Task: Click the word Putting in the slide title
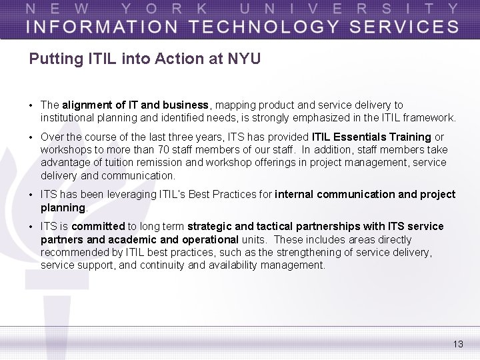pyautogui.click(x=55, y=59)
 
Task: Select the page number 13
pyautogui.click(x=457, y=344)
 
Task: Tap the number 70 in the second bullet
pyautogui.click(x=165, y=150)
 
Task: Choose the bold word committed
pyautogui.click(x=98, y=227)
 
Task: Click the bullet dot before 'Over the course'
pyautogui.click(x=31, y=137)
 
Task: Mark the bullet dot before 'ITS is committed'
pyautogui.click(x=31, y=227)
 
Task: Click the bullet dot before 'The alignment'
pyautogui.click(x=31, y=105)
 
